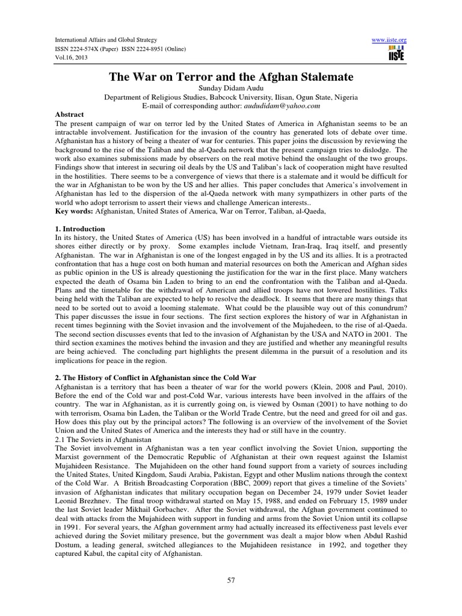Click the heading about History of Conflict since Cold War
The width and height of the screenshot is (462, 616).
click(x=156, y=377)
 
